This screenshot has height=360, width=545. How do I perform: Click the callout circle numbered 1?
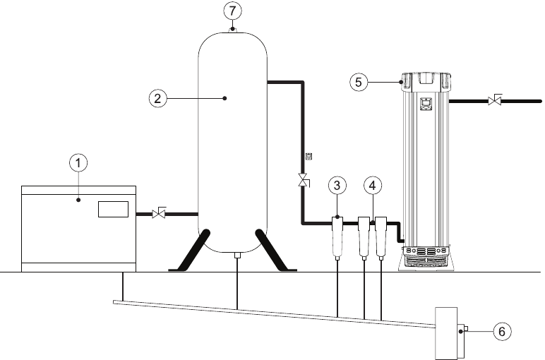click(80, 163)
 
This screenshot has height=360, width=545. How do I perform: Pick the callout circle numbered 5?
click(359, 82)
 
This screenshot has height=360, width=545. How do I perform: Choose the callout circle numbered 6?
click(499, 330)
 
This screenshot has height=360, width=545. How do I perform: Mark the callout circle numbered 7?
click(232, 11)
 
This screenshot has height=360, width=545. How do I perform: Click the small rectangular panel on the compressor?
click(112, 209)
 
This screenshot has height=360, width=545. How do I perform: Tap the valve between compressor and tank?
click(160, 212)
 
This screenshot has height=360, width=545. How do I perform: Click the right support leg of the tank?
click(271, 250)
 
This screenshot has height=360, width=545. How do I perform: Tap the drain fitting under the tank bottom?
click(236, 256)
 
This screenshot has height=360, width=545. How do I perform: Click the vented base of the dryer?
click(426, 258)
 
